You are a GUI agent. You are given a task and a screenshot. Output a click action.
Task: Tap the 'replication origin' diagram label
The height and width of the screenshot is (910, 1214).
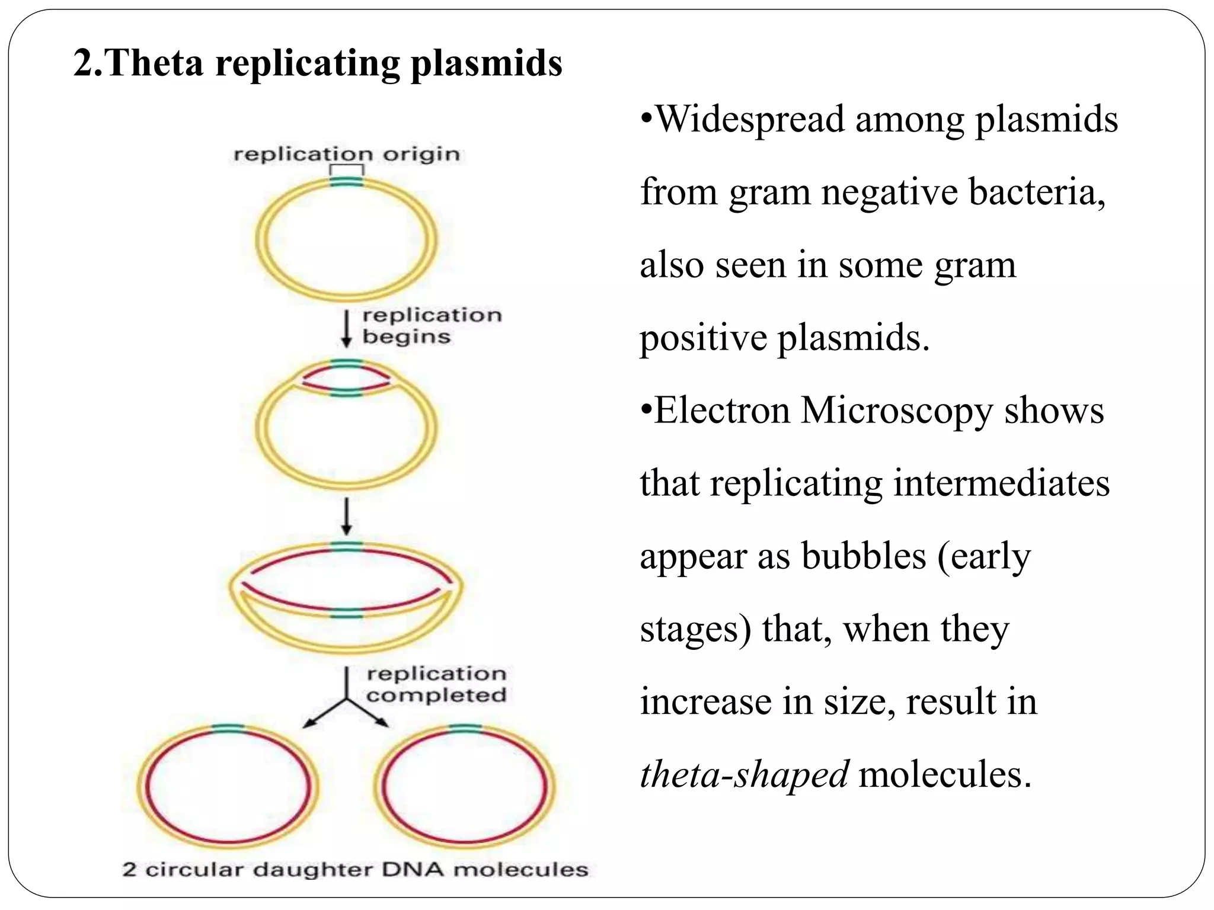coord(347,155)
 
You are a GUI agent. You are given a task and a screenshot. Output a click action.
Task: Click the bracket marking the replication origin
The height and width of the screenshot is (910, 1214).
coord(347,169)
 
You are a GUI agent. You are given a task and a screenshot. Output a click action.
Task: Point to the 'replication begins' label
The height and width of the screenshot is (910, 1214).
coord(432,325)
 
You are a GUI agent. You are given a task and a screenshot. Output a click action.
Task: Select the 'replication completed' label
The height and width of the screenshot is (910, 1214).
coord(436,684)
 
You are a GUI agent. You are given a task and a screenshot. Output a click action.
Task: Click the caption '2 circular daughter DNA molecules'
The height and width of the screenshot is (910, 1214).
coord(355,870)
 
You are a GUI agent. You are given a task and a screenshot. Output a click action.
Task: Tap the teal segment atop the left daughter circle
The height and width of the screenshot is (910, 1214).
coord(228,729)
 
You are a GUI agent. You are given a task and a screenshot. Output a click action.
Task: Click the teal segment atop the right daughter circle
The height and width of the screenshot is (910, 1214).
coord(465,729)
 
